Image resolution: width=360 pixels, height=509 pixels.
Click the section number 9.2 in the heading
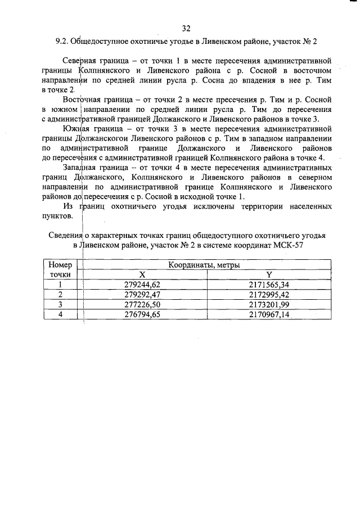[62, 42]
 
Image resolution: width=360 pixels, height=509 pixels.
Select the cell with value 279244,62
[142, 284]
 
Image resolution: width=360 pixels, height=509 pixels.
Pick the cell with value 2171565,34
[269, 284]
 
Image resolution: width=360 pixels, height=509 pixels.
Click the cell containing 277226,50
[142, 304]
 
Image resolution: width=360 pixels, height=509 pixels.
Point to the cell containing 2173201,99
[269, 304]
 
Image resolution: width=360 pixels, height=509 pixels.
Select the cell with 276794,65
[142, 314]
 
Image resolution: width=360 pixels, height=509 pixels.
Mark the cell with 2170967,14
[269, 314]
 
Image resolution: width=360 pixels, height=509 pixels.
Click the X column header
[142, 274]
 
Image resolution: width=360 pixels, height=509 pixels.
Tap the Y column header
[269, 274]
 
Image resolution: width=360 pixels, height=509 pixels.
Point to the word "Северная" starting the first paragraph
[80, 59]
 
